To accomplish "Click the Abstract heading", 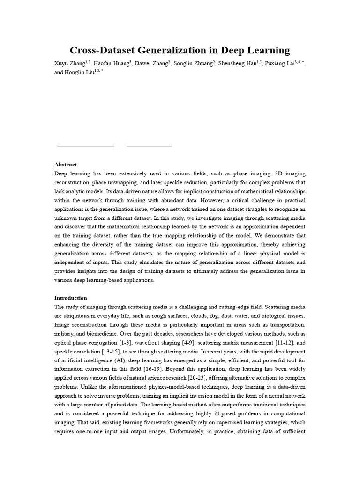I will tap(66, 165).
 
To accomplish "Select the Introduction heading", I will tap(71, 298).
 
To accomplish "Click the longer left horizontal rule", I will tap(86, 146).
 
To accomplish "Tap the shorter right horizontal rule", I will tap(149, 146).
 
